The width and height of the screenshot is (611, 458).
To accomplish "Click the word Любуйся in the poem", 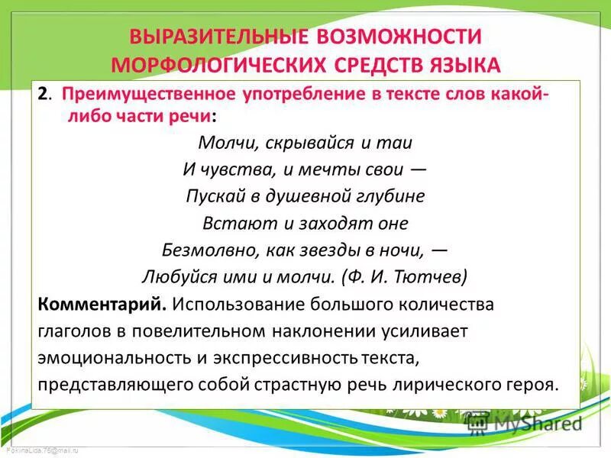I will pyautogui.click(x=173, y=276).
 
